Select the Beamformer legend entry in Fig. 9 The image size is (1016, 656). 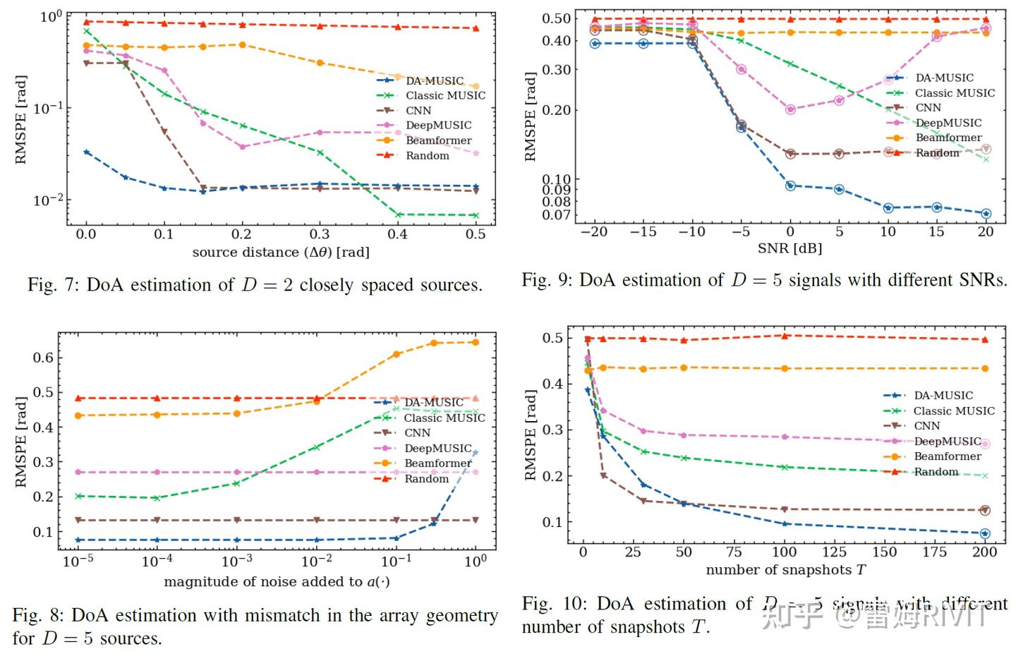pyautogui.click(x=948, y=138)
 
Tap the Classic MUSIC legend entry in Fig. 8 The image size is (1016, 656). pyautogui.click(x=444, y=418)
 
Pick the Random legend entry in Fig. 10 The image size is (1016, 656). pyautogui.click(x=936, y=471)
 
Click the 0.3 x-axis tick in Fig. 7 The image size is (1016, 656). pyautogui.click(x=320, y=234)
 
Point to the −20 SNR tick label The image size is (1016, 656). pyautogui.click(x=593, y=231)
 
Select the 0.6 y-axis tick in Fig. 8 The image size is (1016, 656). pyautogui.click(x=43, y=358)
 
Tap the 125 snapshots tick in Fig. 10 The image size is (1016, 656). pyautogui.click(x=834, y=552)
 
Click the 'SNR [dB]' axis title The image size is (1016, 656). pyautogui.click(x=790, y=248)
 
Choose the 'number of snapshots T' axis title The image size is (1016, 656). pyautogui.click(x=785, y=570)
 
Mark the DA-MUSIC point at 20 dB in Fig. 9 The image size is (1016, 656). pyautogui.click(x=986, y=214)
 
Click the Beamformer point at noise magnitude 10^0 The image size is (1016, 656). pyautogui.click(x=475, y=342)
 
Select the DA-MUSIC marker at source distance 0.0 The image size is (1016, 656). pyautogui.click(x=86, y=152)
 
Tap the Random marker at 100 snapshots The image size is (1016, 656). pyautogui.click(x=785, y=336)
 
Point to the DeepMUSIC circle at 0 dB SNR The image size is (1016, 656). pyautogui.click(x=790, y=109)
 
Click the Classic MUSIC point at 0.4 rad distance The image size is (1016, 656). pyautogui.click(x=398, y=214)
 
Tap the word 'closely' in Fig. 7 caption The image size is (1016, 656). pyautogui.click(x=327, y=285)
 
